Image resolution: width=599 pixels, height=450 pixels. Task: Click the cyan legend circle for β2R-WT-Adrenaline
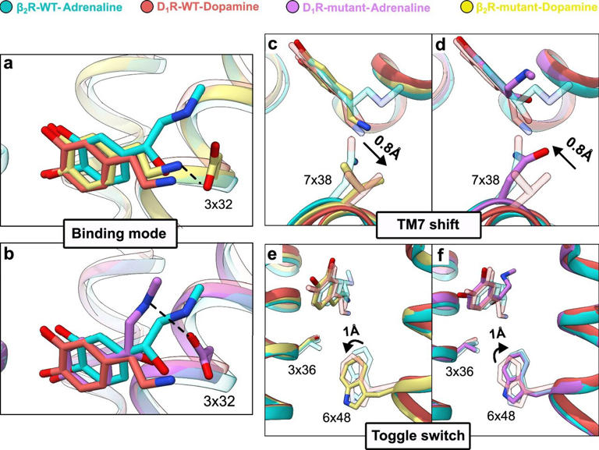tap(6, 7)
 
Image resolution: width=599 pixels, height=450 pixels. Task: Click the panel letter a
tap(8, 63)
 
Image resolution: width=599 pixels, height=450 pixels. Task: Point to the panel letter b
tap(9, 253)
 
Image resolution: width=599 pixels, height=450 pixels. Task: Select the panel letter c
tap(272, 44)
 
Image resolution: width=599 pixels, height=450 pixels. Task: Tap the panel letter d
tap(441, 44)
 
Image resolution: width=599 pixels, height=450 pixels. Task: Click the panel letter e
tap(272, 254)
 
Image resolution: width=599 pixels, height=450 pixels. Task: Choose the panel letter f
tap(441, 255)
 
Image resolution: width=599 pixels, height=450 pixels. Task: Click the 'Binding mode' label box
tap(119, 233)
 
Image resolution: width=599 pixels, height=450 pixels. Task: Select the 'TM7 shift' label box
tap(428, 225)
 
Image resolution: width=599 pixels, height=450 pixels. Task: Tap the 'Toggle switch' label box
tap(418, 435)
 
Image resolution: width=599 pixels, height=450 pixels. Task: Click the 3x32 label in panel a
tap(218, 204)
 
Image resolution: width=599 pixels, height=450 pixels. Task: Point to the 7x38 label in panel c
tap(318, 179)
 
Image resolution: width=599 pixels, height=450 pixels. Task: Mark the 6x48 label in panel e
tap(336, 417)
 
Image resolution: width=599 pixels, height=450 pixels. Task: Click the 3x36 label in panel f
tap(459, 371)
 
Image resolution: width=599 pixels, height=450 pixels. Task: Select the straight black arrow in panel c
tap(375, 154)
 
